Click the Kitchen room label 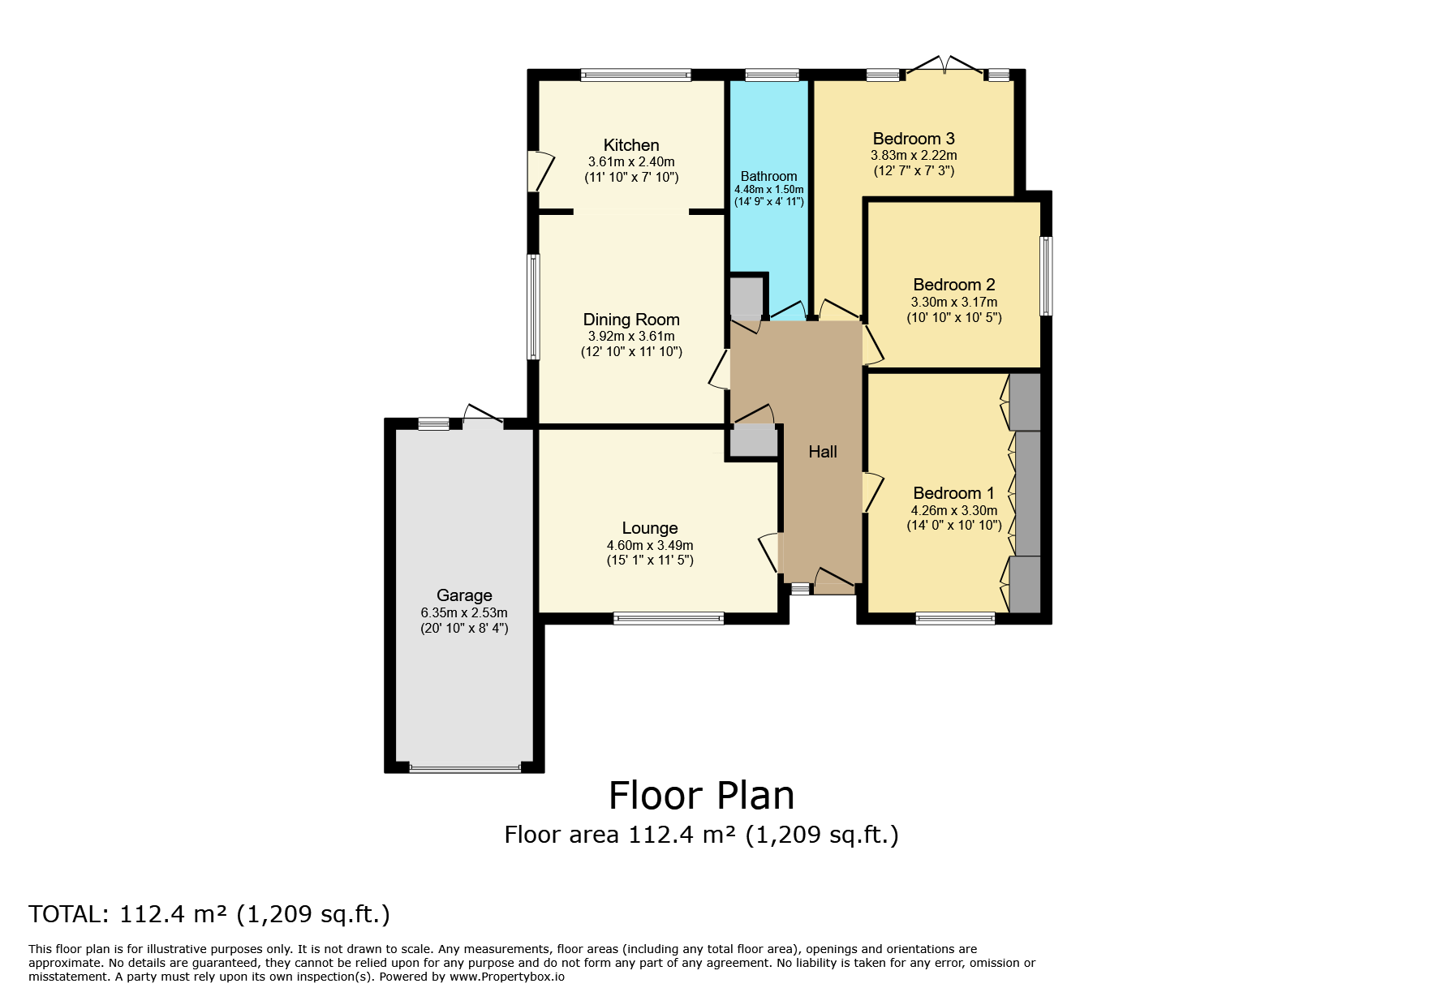point(631,145)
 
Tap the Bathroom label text point(768,176)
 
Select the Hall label point(823,452)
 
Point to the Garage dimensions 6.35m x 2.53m point(464,612)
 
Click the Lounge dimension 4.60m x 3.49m point(650,545)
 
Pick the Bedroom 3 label point(914,139)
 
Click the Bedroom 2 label point(954,285)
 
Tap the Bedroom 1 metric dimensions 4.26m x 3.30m point(954,510)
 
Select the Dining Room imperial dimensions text point(631,351)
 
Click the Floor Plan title point(702,796)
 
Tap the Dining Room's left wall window point(533,307)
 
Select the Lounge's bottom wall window point(669,618)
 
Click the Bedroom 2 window point(1047,276)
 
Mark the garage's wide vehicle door point(465,767)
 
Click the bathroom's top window point(772,75)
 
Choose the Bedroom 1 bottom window point(955,618)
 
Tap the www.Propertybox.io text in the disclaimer point(507,977)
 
